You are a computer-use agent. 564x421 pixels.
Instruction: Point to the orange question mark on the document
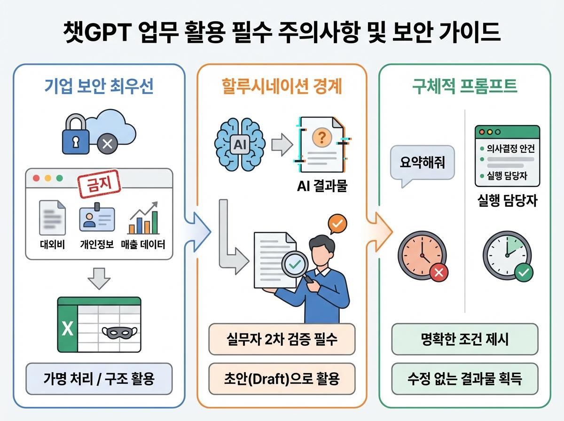322,137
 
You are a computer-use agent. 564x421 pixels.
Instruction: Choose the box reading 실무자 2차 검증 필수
282,340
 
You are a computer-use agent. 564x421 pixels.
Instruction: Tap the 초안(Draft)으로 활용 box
282,379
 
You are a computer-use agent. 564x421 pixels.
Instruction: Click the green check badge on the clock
523,272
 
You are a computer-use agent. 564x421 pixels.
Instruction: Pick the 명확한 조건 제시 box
464,340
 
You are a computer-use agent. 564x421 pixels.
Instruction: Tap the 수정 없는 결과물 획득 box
464,379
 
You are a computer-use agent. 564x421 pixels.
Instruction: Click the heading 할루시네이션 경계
282,86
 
